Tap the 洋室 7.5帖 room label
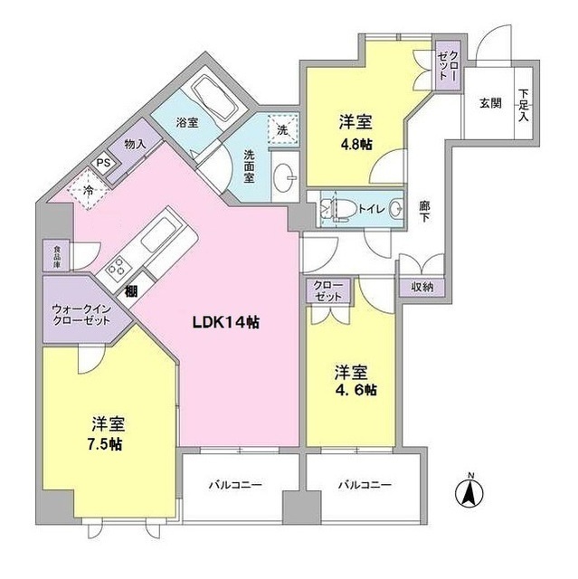click(107, 433)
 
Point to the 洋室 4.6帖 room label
click(353, 379)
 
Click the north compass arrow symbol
click(469, 492)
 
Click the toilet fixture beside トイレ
click(335, 208)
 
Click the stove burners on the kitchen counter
click(118, 269)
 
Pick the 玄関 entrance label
click(489, 102)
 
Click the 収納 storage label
click(421, 286)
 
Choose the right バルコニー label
click(365, 485)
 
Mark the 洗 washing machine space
click(282, 129)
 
